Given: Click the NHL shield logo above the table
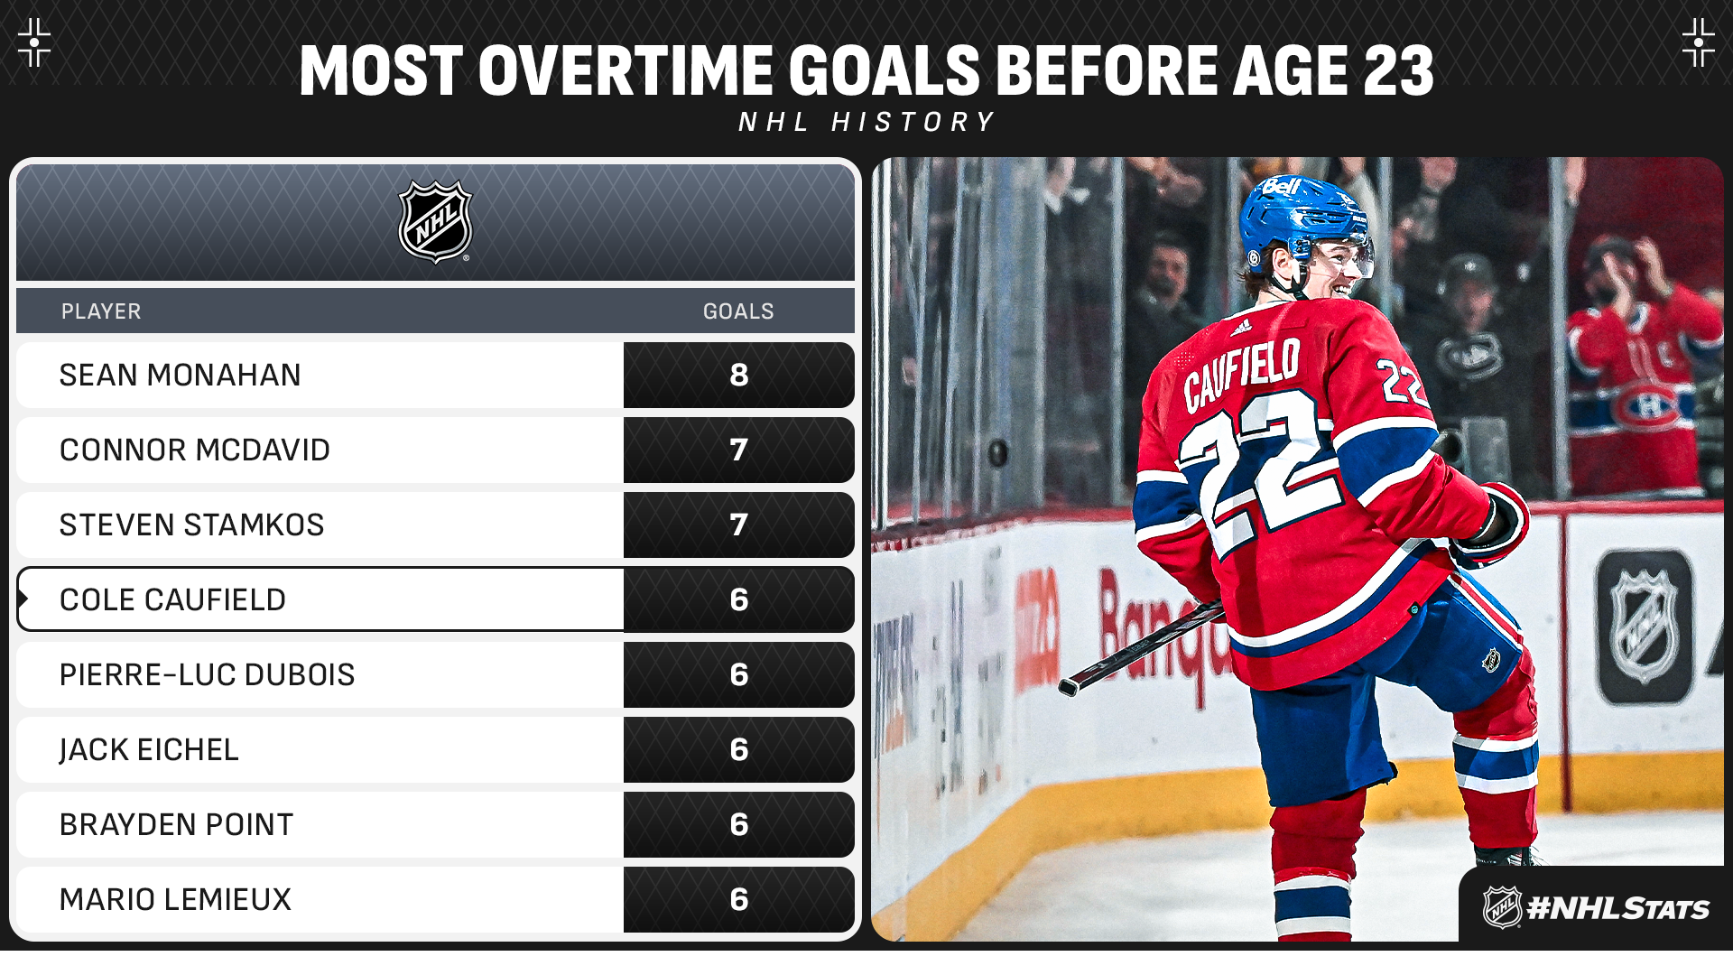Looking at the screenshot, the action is coord(436,222).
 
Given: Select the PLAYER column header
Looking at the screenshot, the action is coord(101,311).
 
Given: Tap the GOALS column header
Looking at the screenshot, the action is coord(738,311).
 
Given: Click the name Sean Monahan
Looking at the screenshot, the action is coord(180,375).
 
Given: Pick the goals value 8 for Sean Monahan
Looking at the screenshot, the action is coord(739,375).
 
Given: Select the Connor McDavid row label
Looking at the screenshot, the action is coord(195,450).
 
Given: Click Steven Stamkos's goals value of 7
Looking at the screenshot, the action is coord(739,525).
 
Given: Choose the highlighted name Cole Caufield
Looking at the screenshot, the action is coord(172,599).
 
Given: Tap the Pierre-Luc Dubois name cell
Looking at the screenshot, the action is coord(207,674).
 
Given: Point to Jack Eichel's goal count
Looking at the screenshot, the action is coord(739,749).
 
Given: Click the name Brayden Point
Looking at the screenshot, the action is coord(176,824).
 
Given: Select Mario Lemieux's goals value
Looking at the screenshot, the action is coord(739,899).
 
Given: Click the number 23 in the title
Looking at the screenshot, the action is coord(1398,70).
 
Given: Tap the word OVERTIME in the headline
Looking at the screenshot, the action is coord(626,70).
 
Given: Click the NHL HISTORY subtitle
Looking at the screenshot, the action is coord(866,122).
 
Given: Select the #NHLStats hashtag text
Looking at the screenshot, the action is coord(1617,908).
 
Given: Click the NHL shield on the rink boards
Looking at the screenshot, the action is coord(1645,627).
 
